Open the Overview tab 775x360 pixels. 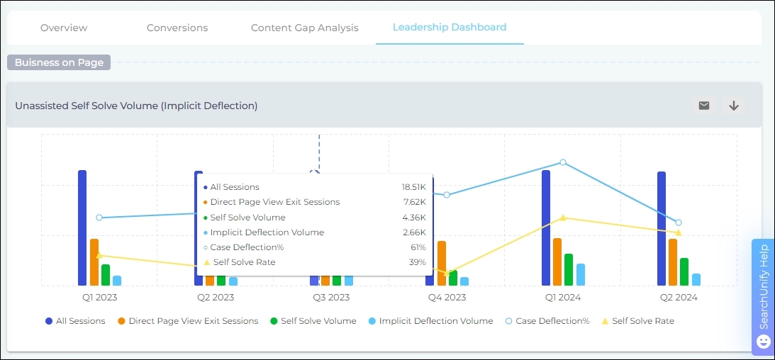[x=64, y=28]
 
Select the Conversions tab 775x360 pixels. [x=177, y=28]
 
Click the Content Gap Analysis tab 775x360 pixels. [x=305, y=28]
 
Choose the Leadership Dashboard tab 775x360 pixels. [x=450, y=27]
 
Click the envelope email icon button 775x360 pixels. [x=704, y=106]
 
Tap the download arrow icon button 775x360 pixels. [x=734, y=106]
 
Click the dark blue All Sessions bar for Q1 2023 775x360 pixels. [x=82, y=227]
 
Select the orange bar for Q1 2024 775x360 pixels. [x=557, y=261]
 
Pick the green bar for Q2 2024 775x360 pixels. [x=684, y=271]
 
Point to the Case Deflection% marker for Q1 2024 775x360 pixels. [x=563, y=162]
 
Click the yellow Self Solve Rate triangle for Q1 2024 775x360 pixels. [x=563, y=218]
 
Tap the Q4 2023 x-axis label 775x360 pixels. [x=447, y=298]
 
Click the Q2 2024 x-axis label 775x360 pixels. [x=678, y=298]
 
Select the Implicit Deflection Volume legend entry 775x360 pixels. [x=430, y=321]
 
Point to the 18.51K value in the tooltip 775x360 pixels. [x=413, y=187]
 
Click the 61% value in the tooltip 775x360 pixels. [x=418, y=247]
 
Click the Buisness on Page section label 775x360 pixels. [x=60, y=62]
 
